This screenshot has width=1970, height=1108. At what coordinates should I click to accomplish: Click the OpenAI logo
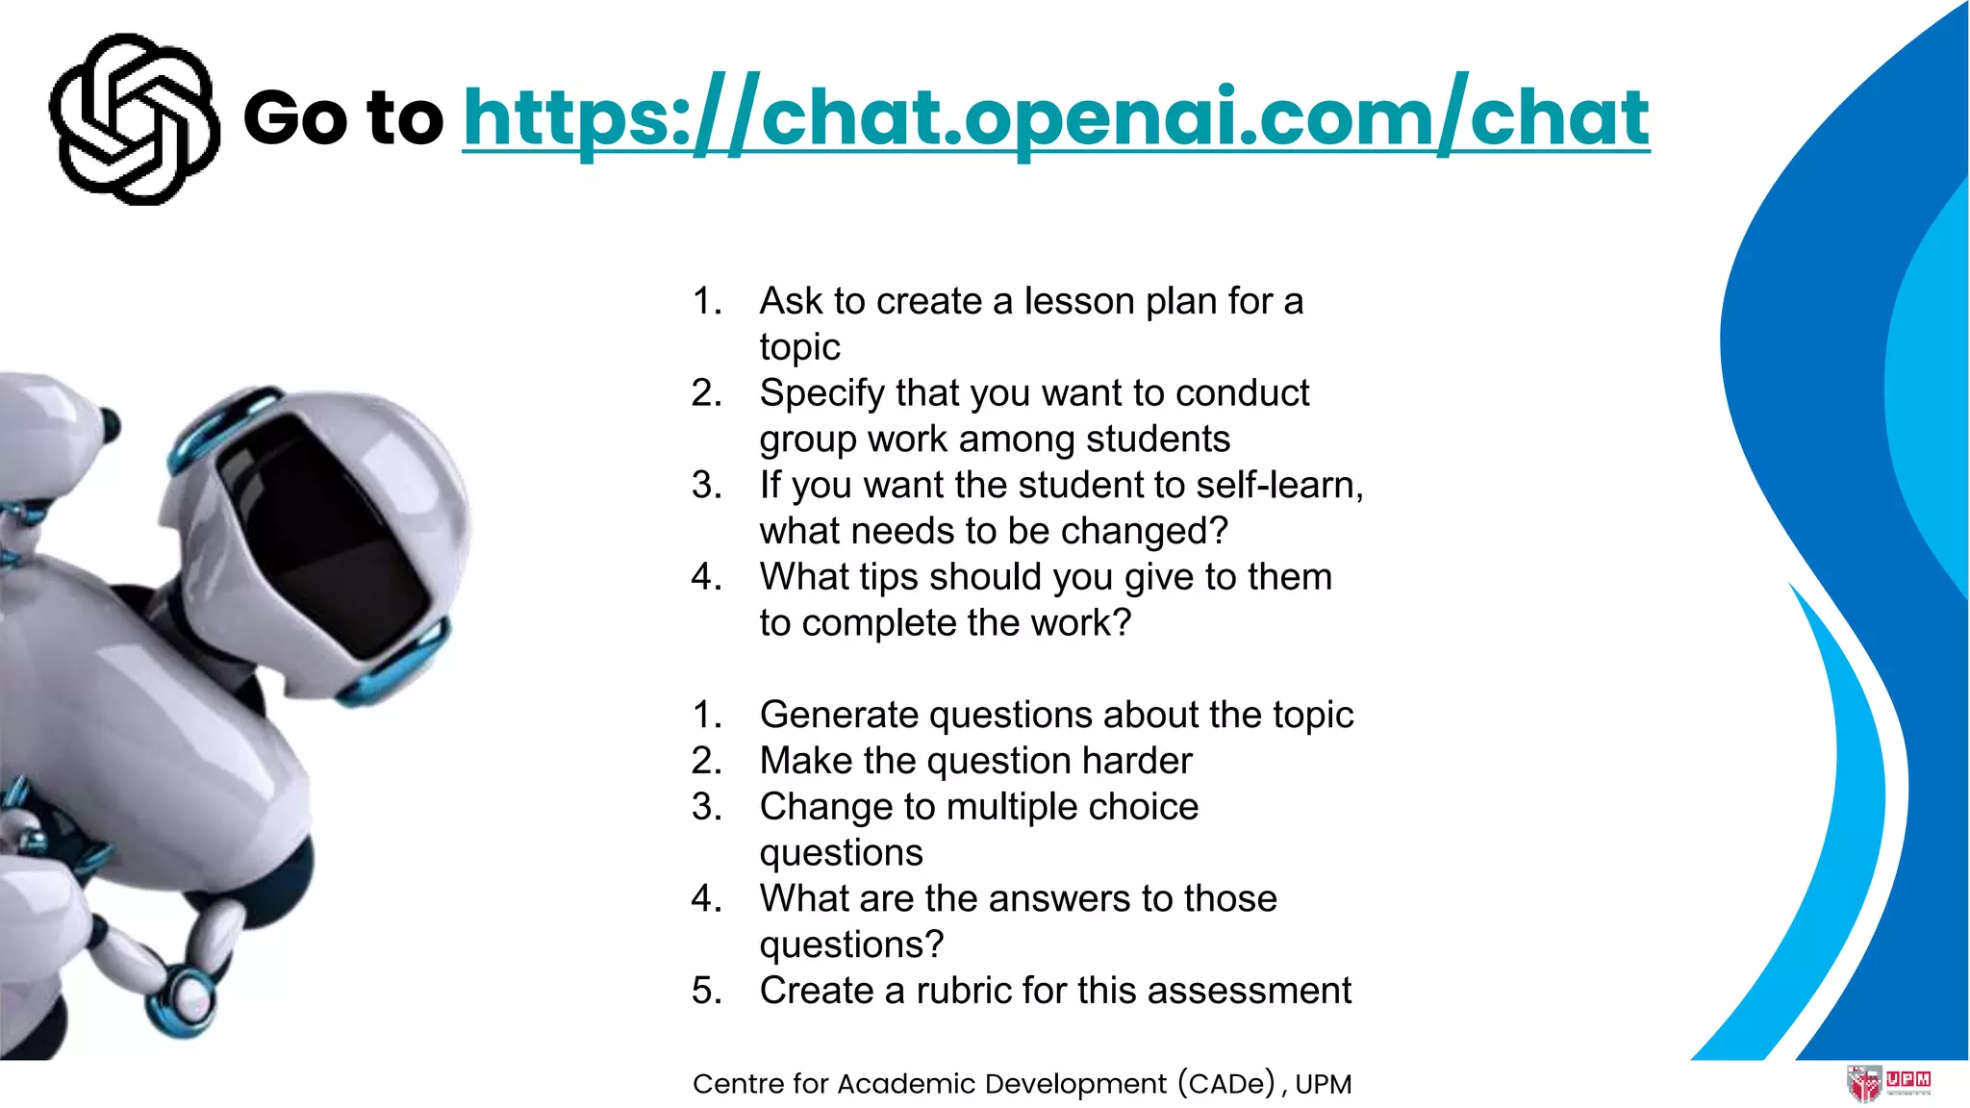tap(134, 119)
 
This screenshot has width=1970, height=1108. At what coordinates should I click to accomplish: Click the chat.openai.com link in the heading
tap(1055, 117)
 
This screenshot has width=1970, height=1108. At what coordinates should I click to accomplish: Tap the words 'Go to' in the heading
tap(343, 117)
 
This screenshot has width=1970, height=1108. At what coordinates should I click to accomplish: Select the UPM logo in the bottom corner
tap(1888, 1083)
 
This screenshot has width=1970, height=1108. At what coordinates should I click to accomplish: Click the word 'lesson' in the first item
tap(1079, 301)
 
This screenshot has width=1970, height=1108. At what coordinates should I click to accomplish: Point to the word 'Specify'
tap(821, 393)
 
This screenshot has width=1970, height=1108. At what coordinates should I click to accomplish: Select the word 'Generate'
tap(838, 715)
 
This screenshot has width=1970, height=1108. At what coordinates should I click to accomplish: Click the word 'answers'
tap(1059, 898)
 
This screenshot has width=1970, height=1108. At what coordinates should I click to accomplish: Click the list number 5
tap(706, 991)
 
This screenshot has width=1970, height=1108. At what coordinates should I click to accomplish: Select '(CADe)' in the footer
tap(1227, 1084)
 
